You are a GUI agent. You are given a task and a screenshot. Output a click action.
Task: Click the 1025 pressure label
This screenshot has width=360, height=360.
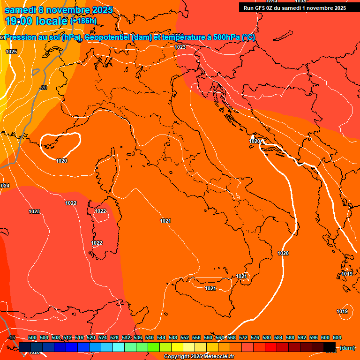(x=11, y=52)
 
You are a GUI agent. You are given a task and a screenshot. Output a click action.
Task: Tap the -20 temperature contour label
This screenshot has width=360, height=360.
(x=43, y=88)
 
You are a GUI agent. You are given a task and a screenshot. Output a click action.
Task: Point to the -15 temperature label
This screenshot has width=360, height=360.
(x=12, y=337)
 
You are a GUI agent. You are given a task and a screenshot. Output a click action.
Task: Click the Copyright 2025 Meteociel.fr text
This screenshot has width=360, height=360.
(x=199, y=357)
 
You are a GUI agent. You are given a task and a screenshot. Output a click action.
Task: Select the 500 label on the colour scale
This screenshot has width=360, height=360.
(x=32, y=337)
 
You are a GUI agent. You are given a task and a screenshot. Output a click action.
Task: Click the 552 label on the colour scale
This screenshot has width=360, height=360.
(x=185, y=337)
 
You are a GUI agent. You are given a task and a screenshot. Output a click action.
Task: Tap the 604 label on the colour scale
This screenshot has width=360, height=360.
(x=337, y=337)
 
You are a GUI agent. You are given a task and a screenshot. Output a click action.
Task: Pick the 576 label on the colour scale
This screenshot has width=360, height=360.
(x=255, y=337)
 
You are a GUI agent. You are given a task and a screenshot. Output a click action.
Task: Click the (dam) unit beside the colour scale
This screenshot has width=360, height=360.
(x=347, y=348)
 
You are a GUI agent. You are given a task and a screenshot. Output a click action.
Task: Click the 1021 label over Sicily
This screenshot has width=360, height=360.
(x=210, y=288)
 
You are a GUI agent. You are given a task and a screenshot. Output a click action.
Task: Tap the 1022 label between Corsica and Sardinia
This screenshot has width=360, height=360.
(x=100, y=211)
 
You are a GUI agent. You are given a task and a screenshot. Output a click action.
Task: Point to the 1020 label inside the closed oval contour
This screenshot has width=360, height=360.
(x=61, y=161)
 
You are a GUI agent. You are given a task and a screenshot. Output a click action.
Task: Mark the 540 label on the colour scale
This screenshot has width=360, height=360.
(x=150, y=337)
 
